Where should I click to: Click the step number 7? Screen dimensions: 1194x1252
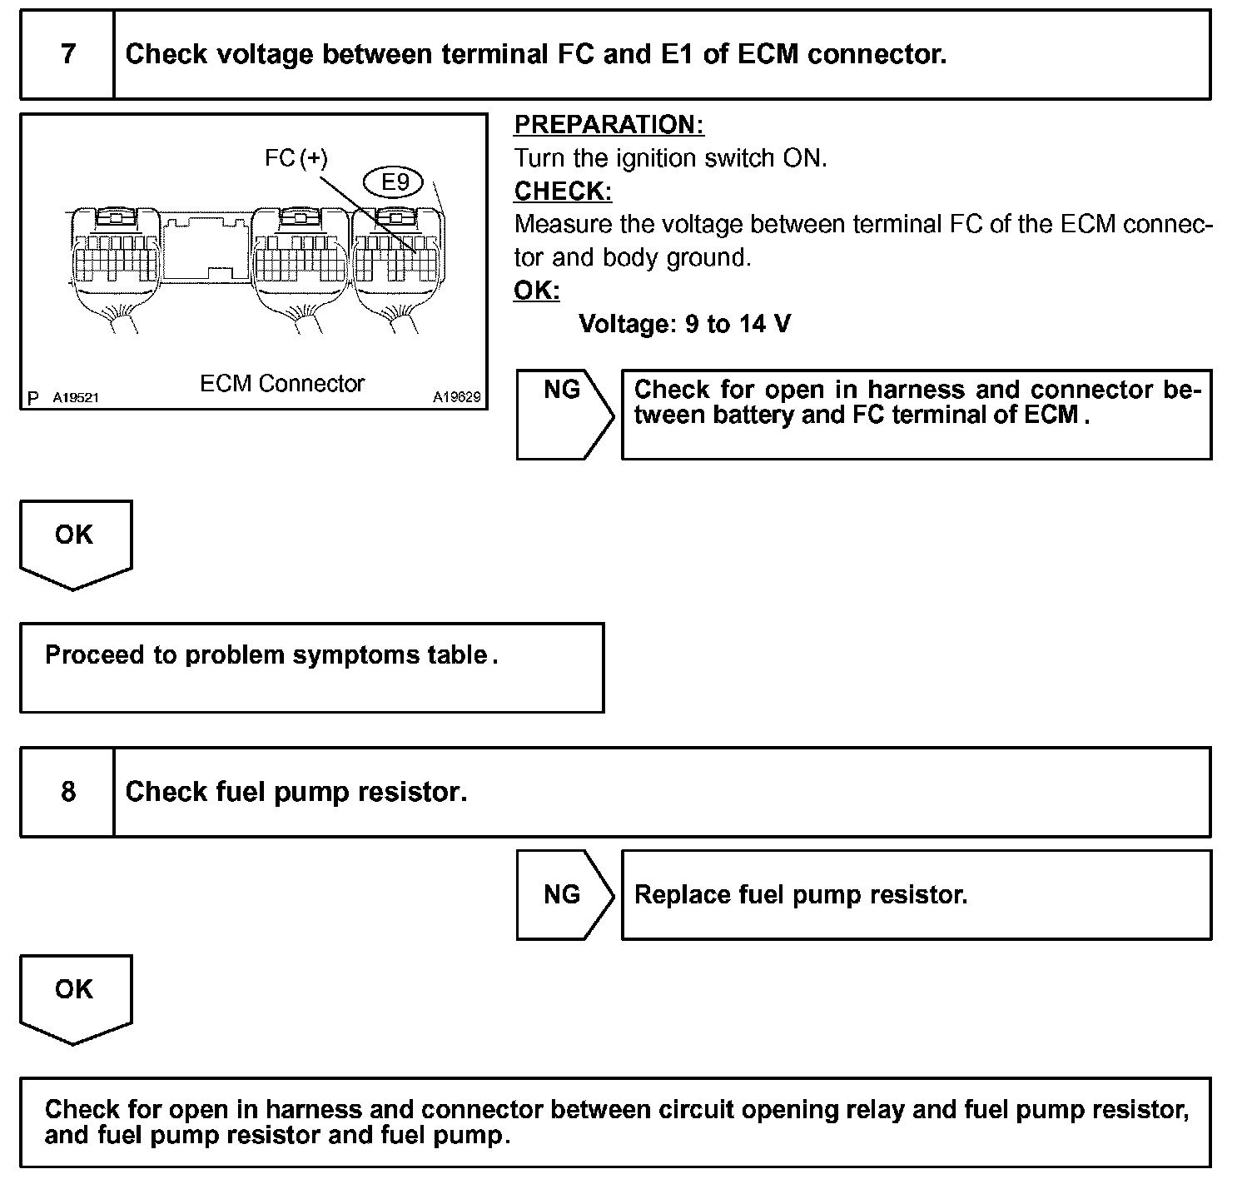tap(67, 55)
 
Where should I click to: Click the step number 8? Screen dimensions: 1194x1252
tap(67, 792)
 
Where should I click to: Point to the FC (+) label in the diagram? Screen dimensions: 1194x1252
tap(296, 158)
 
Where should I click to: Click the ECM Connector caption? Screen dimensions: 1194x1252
tap(282, 384)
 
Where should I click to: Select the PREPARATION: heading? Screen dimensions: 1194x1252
tap(609, 125)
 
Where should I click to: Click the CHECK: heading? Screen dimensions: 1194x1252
tap(563, 192)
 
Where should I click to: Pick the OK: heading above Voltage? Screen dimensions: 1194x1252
tap(537, 291)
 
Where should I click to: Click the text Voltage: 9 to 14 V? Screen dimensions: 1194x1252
tap(684, 324)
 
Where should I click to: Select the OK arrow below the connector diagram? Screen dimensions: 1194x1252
tap(75, 541)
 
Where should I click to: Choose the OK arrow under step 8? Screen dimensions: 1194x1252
tap(75, 996)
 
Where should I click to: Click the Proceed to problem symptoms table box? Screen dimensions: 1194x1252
tap(311, 667)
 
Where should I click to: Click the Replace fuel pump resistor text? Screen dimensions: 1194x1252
tap(801, 895)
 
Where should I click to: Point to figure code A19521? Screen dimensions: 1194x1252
tap(76, 398)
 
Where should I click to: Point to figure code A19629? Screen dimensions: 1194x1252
tap(456, 398)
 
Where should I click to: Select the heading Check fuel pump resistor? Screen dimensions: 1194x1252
tap(296, 792)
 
